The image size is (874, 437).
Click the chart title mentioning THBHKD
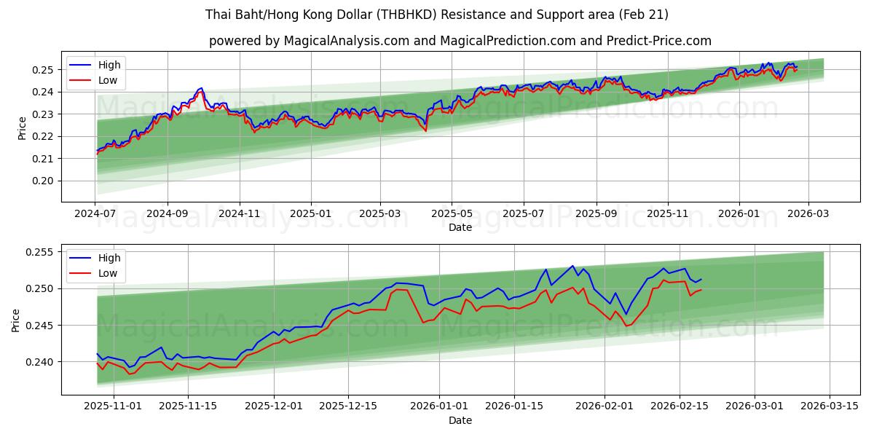click(436, 15)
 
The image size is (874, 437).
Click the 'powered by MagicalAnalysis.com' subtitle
click(460, 41)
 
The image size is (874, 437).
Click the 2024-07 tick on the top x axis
click(95, 214)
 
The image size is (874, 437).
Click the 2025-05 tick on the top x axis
click(451, 214)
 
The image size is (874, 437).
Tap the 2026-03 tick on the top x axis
click(808, 214)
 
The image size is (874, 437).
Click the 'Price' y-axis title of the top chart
click(22, 128)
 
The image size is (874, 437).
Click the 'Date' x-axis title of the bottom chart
click(460, 420)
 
